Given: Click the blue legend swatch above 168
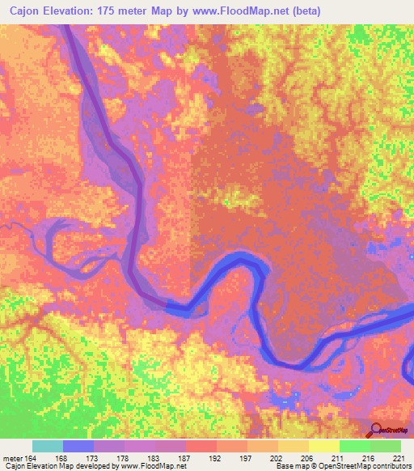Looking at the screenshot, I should (x=78, y=446).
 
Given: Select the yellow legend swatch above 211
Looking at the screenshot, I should (x=323, y=446).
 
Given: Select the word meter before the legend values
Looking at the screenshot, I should (x=12, y=459).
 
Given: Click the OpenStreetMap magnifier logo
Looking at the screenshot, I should (x=377, y=430).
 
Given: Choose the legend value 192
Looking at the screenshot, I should (x=216, y=459).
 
